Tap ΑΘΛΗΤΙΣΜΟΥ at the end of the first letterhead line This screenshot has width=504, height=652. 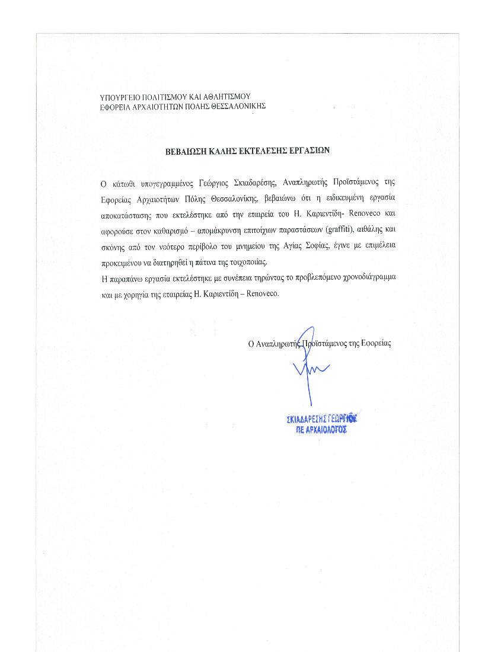227,96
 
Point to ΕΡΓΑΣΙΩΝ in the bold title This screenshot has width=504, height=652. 306,151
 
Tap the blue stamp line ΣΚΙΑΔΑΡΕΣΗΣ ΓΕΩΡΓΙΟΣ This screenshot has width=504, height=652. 324,419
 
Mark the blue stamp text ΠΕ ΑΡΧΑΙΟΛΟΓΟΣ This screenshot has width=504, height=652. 321,430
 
